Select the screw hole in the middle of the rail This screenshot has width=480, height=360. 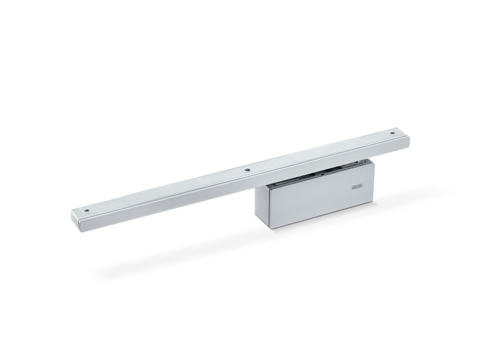click(x=247, y=169)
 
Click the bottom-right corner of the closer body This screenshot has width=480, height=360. click(x=373, y=204)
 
